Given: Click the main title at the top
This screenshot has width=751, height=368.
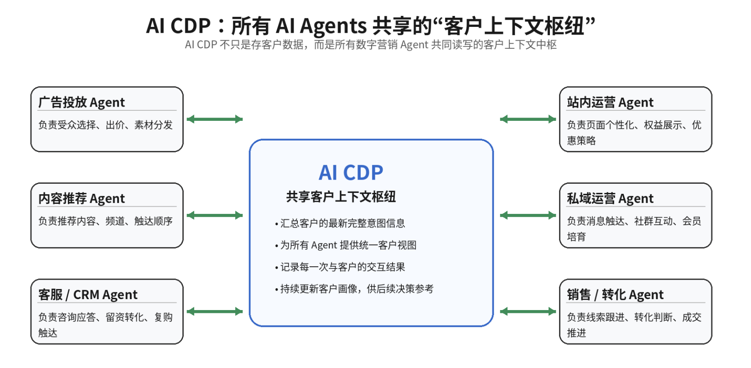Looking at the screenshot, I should (370, 26).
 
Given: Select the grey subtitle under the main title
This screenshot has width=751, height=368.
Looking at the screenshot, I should (370, 45).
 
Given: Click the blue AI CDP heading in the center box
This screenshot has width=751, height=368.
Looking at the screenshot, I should (351, 173).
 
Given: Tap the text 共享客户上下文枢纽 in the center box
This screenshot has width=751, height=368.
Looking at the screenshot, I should (341, 197).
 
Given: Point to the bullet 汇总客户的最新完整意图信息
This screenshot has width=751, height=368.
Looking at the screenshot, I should (342, 223).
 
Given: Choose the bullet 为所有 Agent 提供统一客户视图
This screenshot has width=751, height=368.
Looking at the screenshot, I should (348, 245).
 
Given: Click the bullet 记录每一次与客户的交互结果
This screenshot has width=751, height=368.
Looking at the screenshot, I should (342, 267).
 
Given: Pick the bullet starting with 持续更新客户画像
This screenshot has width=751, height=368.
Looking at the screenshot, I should (356, 289).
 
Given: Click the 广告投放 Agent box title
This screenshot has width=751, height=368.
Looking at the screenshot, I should (81, 102).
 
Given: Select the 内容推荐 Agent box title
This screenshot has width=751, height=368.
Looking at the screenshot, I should (81, 198).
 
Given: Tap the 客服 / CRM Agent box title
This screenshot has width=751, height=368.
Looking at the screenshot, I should (88, 295).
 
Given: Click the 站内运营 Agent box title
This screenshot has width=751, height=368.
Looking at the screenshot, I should (610, 102).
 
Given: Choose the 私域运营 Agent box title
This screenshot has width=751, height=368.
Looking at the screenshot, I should (610, 198).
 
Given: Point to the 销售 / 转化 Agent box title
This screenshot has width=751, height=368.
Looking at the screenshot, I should (615, 295).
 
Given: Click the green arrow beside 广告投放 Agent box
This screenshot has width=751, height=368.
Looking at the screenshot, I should (215, 119).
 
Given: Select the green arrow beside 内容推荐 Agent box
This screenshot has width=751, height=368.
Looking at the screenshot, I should (215, 215).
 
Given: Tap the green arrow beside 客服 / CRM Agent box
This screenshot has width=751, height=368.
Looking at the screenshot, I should (215, 311).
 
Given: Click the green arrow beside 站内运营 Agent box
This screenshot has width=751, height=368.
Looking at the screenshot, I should (528, 119).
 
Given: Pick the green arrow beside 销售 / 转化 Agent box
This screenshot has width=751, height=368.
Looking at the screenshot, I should (528, 311).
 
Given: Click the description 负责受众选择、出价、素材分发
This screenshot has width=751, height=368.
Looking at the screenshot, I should (105, 125).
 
